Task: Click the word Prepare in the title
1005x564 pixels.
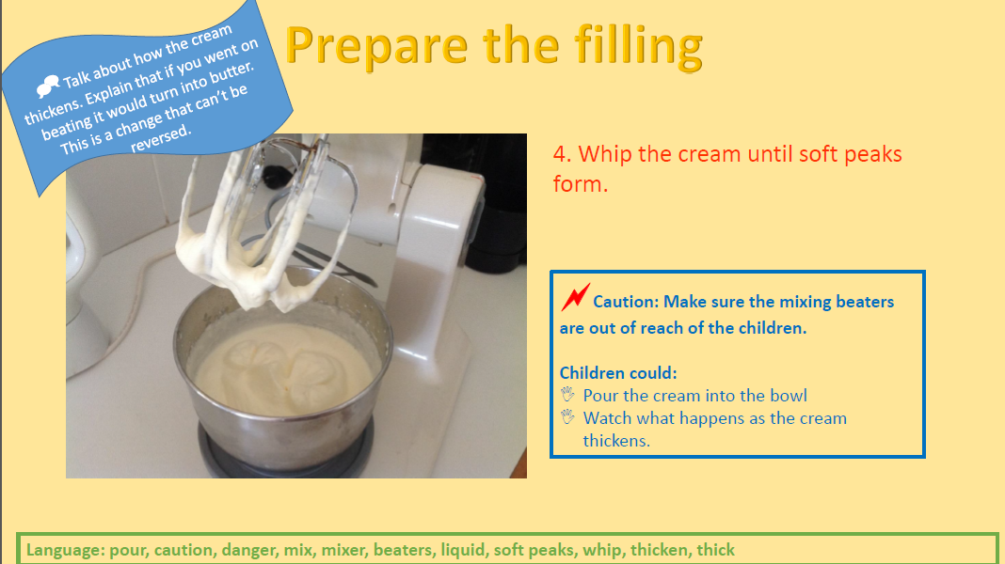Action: click(376, 47)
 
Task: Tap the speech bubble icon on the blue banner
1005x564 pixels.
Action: click(47, 86)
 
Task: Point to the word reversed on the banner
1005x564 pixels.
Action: click(160, 137)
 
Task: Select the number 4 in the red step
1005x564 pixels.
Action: click(561, 154)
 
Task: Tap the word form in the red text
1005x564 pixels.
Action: click(580, 184)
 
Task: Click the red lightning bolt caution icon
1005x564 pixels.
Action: click(576, 297)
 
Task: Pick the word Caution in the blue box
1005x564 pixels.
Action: click(625, 302)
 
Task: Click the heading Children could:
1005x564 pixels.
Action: click(618, 372)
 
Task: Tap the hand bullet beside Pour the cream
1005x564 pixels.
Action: click(567, 395)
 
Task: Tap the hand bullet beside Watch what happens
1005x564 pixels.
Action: click(567, 416)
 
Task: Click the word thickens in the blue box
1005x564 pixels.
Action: click(616, 441)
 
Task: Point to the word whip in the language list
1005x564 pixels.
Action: click(601, 551)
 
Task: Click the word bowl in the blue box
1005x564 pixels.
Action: click(789, 395)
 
